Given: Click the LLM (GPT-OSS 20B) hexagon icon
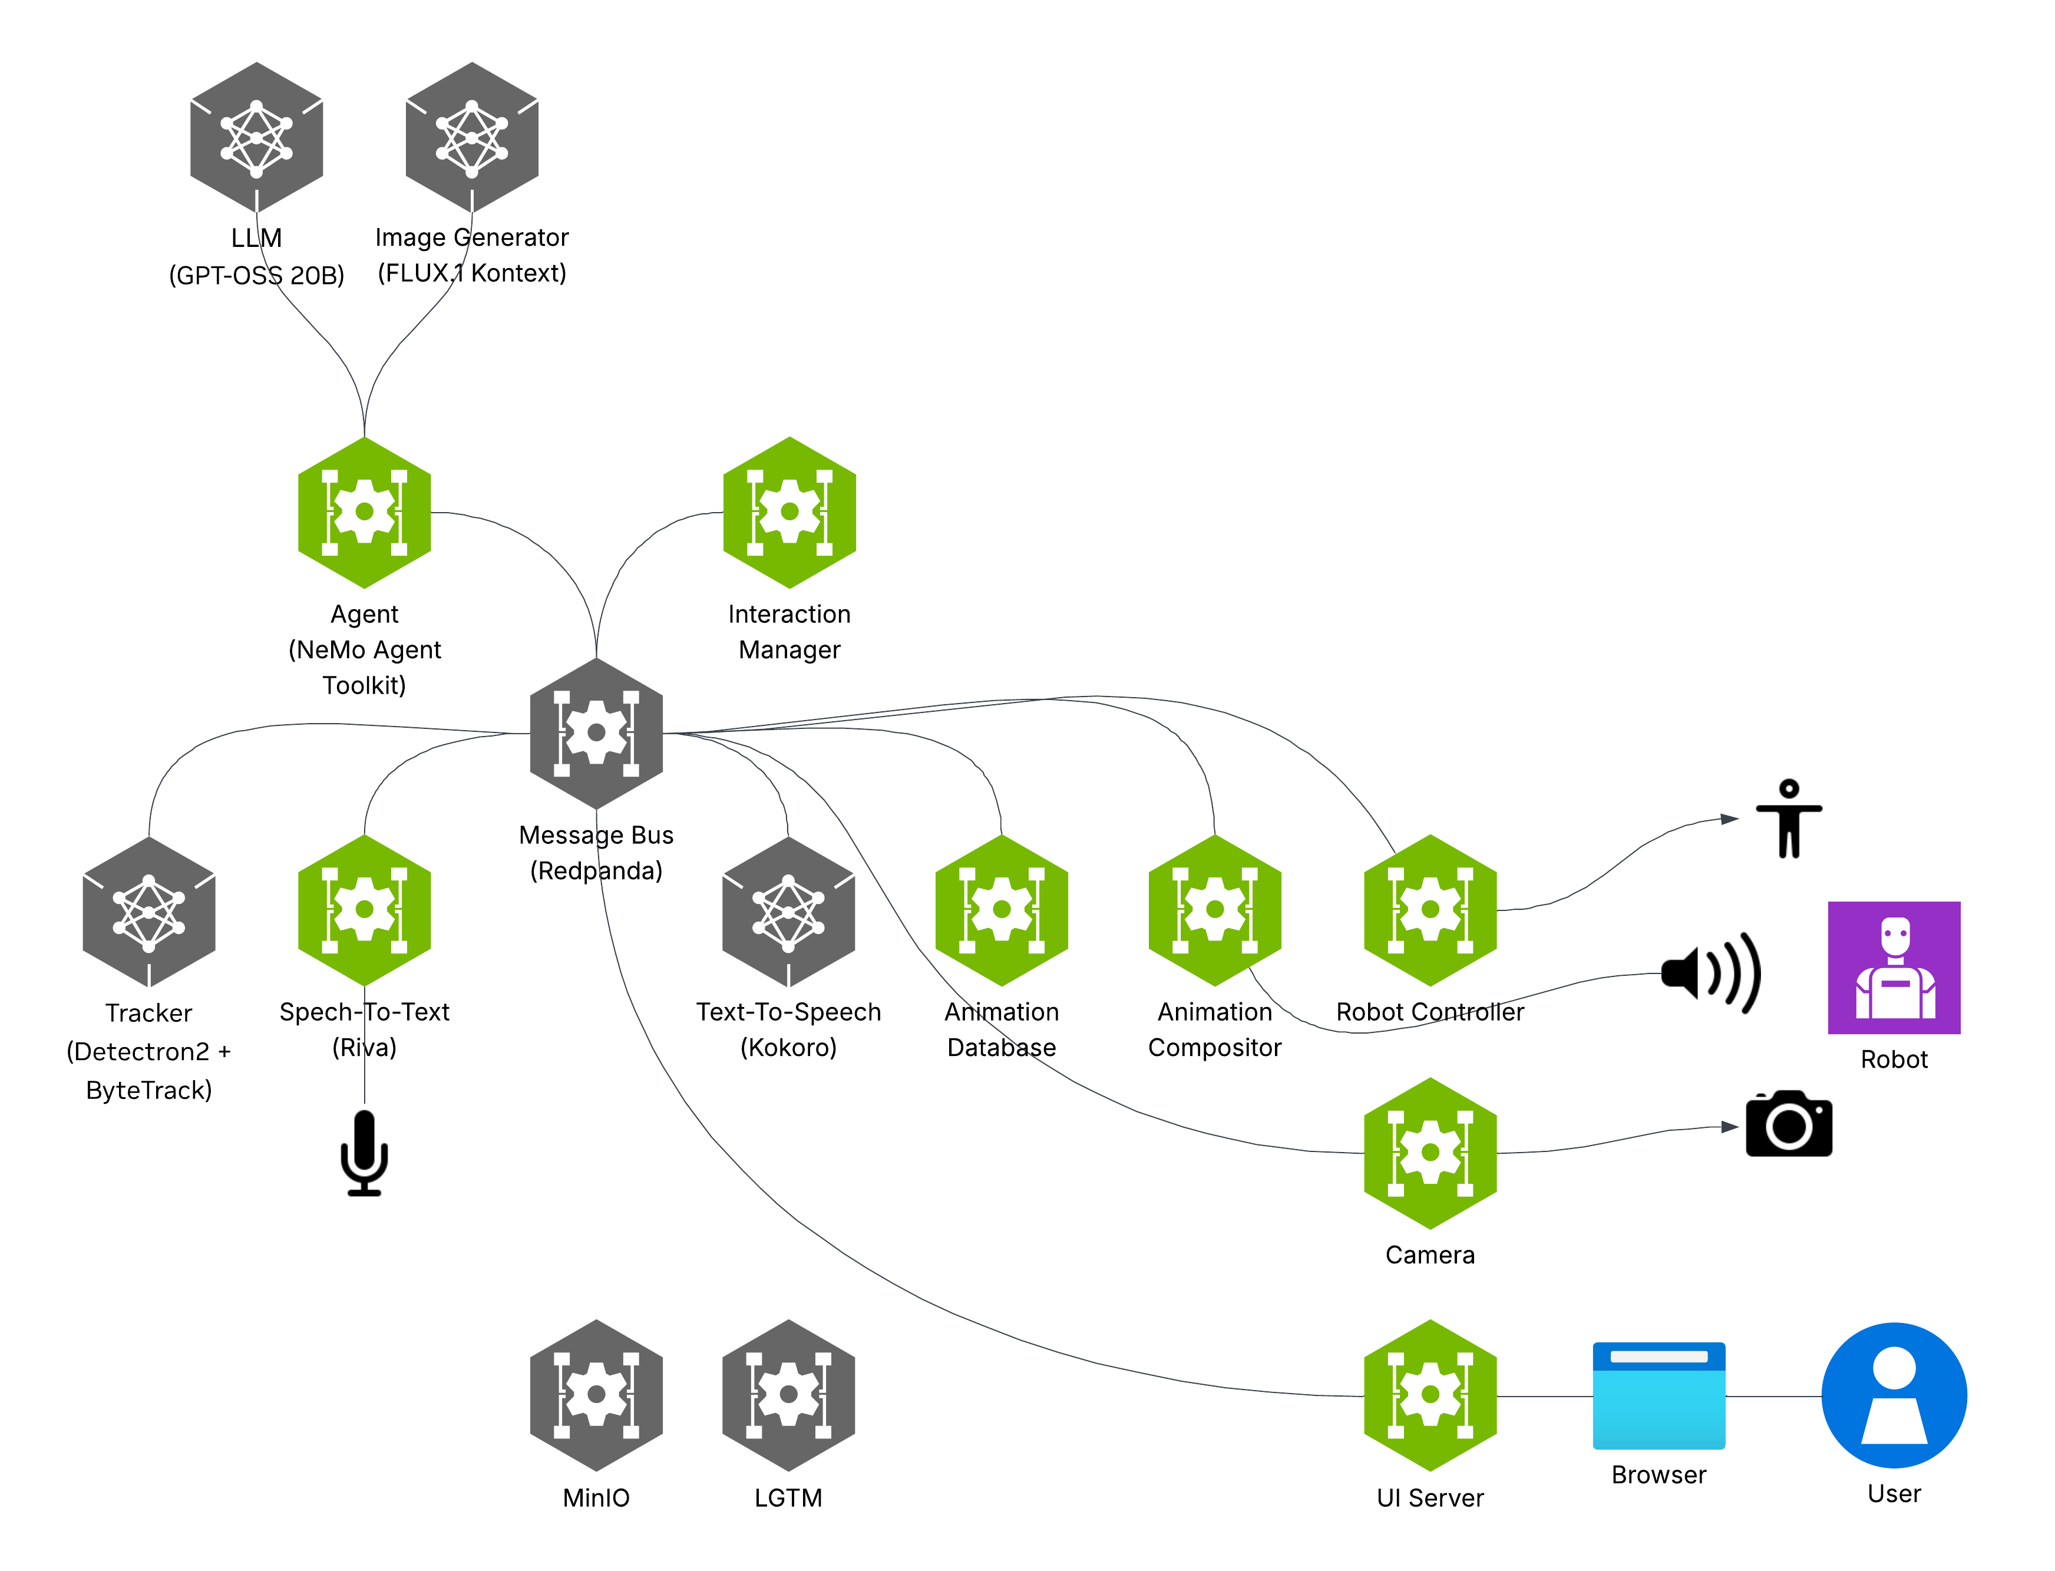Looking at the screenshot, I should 256,137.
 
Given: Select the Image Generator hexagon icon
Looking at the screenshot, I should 471,137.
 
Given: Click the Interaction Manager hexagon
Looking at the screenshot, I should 789,513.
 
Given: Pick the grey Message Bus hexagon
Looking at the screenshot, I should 596,733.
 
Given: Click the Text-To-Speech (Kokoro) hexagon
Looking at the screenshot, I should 788,912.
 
